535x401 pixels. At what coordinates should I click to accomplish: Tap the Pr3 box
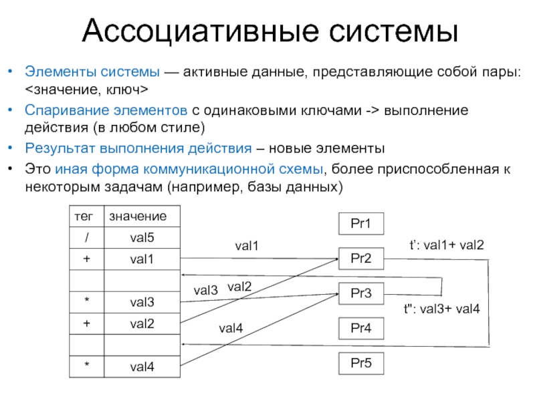[361, 293]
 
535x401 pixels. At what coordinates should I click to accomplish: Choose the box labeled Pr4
[361, 328]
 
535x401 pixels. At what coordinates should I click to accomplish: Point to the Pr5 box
[361, 364]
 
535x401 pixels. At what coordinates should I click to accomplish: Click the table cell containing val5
[141, 237]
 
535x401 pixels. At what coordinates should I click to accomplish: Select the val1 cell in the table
[141, 259]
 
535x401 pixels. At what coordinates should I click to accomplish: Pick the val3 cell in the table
[141, 302]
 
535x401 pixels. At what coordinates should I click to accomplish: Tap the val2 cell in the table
[141, 323]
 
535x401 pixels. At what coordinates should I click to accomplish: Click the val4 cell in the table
[141, 366]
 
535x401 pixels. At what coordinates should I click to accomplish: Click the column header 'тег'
[85, 216]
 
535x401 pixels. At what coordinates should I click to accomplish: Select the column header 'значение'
[138, 216]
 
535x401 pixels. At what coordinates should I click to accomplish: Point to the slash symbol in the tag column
[86, 237]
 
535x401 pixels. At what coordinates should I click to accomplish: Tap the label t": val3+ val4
[441, 309]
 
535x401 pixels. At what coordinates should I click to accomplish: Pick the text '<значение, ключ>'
[87, 88]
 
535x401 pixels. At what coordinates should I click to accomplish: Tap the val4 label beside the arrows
[231, 327]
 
